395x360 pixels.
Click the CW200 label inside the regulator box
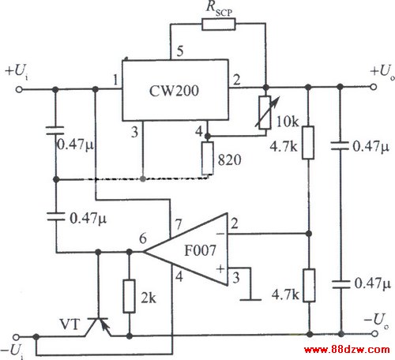tap(174, 91)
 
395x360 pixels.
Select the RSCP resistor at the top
tap(219, 24)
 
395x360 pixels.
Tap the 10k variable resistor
tap(265, 113)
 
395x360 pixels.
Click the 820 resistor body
tap(208, 158)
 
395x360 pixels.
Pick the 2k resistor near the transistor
tap(130, 296)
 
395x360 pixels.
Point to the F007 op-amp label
tap(200, 250)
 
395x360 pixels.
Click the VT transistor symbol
tap(98, 327)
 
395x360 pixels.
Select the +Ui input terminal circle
tap(19, 90)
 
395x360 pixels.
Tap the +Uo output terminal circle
tap(374, 87)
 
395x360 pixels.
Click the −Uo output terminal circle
tap(375, 334)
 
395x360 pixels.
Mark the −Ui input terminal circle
tap(17, 337)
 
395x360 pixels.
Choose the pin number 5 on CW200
tap(180, 51)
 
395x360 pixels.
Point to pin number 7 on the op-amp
tap(179, 224)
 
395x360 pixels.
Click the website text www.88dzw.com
tap(347, 350)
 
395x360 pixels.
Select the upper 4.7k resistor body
tap(308, 143)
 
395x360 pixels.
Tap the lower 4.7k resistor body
tap(309, 285)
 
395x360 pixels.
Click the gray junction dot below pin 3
tap(143, 179)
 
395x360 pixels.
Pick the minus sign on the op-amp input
tap(220, 234)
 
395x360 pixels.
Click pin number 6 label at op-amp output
tap(143, 238)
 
